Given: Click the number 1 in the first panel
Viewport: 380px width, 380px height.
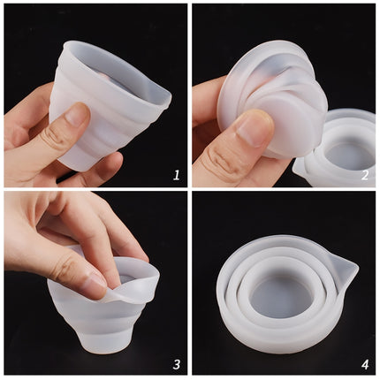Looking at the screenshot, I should pos(176,175).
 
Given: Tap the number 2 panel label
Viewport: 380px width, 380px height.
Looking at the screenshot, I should pos(364,175).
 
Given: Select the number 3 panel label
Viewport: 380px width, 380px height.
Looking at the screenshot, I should pos(176,363).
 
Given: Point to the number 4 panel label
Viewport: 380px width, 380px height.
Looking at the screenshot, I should pos(364,363).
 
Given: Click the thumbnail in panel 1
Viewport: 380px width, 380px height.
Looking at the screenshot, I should pos(74,116).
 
